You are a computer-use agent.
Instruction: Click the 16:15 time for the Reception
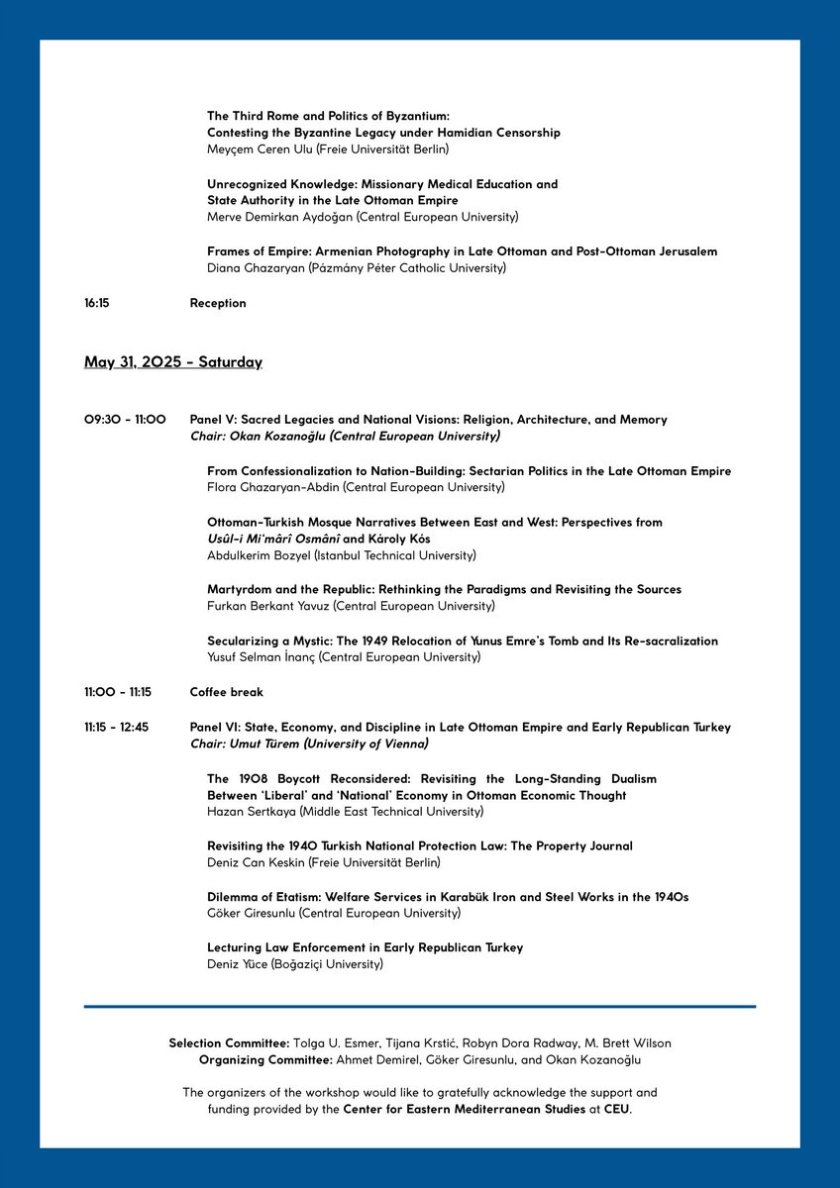coord(96,303)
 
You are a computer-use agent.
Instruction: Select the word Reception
coord(218,303)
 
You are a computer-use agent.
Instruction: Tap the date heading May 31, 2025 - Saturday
coord(173,362)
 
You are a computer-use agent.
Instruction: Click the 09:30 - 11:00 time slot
coord(125,420)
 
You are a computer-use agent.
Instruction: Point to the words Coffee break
coord(227,692)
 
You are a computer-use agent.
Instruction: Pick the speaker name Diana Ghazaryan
coord(254,267)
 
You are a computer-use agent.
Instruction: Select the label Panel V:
coord(216,420)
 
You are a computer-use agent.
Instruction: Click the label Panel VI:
coord(218,727)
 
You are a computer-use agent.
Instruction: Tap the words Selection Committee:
coord(229,1043)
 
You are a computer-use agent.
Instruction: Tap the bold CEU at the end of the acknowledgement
coord(616,1109)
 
